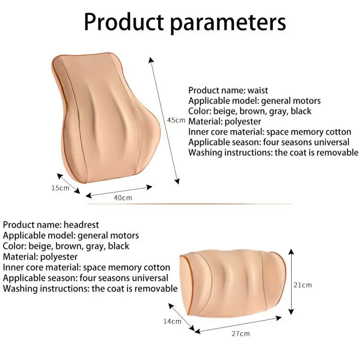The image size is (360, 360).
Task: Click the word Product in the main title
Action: tap(124, 22)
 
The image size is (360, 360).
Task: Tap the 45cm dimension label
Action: tap(176, 120)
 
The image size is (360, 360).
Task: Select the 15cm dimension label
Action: tap(60, 188)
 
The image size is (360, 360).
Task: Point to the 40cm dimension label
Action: tap(123, 198)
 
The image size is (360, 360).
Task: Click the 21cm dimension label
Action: tap(303, 285)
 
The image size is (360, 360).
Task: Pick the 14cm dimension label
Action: tap(172, 321)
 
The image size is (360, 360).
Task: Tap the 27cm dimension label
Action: tap(241, 333)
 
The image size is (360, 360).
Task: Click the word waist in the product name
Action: tap(257, 90)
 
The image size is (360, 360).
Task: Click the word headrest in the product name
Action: tap(81, 225)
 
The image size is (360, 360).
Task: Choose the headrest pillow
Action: tap(233, 284)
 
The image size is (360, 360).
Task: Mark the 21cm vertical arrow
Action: tap(291, 282)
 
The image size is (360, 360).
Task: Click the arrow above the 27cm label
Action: tap(238, 324)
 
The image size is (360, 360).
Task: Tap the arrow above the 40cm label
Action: tap(119, 191)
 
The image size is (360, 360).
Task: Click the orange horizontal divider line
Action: tap(189, 204)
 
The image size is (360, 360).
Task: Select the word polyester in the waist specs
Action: tap(243, 121)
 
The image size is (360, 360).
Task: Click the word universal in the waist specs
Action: tap(331, 142)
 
